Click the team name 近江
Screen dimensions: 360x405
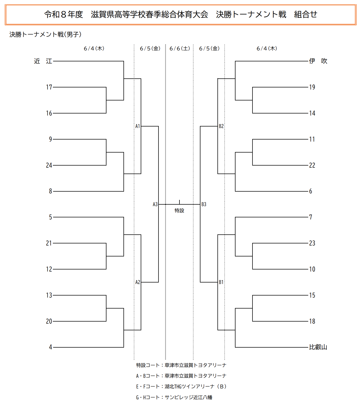point(43,61)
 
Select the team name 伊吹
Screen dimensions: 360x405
point(318,61)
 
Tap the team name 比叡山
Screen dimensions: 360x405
point(318,347)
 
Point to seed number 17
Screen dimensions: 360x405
point(49,87)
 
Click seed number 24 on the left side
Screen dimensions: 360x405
point(49,165)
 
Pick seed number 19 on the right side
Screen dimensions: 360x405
point(312,87)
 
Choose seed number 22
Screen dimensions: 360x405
point(312,165)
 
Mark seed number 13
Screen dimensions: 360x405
point(49,295)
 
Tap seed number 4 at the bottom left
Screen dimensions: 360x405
point(50,347)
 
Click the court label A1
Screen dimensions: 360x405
point(138,126)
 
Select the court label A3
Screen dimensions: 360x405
point(155,204)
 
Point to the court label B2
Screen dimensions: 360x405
point(221,126)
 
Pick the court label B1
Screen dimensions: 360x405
point(221,282)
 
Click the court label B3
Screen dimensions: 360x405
point(204,204)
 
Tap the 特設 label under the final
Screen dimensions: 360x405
point(179,210)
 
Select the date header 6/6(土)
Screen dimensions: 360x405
point(179,48)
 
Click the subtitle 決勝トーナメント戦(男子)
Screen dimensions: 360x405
point(45,34)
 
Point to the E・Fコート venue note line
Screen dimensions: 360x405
point(181,386)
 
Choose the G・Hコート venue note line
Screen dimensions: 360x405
point(174,397)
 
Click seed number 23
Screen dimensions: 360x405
point(312,243)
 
